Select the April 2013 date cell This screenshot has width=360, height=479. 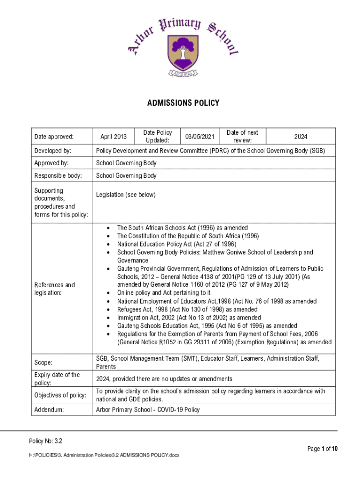coord(114,137)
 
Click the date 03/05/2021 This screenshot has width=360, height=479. coord(200,137)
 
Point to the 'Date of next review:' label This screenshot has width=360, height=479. coord(242,137)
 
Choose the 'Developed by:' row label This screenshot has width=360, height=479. coord(53,151)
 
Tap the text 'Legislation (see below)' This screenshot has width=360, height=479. coord(126,195)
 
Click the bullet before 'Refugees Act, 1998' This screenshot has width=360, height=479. coord(108,310)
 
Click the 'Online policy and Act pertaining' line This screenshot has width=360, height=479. coord(164,293)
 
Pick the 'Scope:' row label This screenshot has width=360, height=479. coord(43,363)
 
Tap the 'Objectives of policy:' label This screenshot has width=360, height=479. coord(60,395)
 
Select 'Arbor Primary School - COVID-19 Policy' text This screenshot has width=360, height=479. coord(148,410)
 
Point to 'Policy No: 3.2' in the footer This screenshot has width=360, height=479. coord(46,441)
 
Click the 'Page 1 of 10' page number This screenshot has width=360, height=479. coord(322,449)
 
